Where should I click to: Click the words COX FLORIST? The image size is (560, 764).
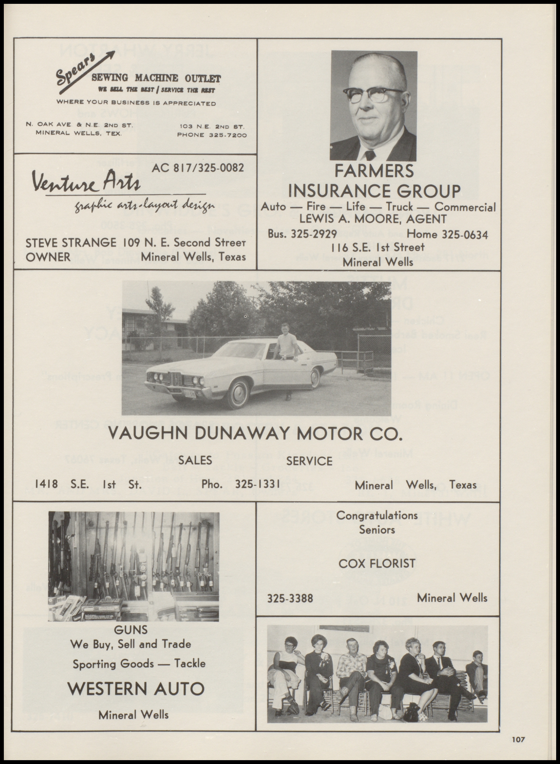tap(377, 563)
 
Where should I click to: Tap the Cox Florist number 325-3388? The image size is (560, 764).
tap(290, 598)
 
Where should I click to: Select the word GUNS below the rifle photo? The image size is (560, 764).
tap(131, 630)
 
